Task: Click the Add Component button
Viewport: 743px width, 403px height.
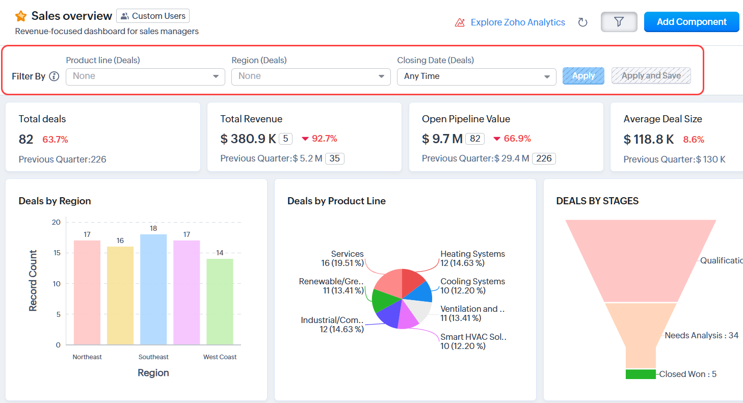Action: click(x=692, y=22)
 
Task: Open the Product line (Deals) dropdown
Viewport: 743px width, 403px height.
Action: click(x=145, y=76)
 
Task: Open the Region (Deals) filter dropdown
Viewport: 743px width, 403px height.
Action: click(x=310, y=76)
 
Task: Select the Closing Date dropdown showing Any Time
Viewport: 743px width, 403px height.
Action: click(x=476, y=76)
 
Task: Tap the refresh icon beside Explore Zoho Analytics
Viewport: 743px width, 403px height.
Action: click(x=583, y=22)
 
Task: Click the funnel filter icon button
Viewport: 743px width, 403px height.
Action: click(x=619, y=22)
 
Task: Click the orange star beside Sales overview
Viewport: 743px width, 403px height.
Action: click(x=21, y=16)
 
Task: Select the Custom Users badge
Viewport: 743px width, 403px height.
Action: click(x=153, y=16)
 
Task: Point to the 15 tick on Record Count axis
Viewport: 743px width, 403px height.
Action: click(x=56, y=253)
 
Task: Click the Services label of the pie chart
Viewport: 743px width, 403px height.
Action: click(x=347, y=254)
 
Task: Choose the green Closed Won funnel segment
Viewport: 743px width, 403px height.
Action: click(x=641, y=374)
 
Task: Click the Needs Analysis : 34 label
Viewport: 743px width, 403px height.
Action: click(x=701, y=335)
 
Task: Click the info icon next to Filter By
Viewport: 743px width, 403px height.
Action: click(x=54, y=76)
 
